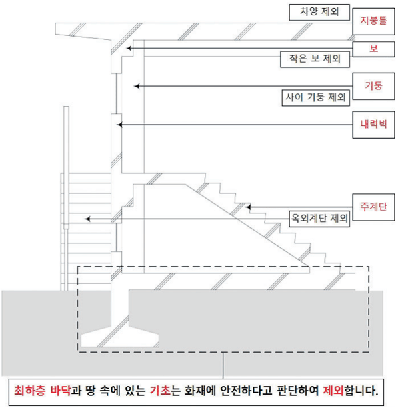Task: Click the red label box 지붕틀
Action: pos(373,20)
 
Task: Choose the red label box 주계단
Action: pos(373,207)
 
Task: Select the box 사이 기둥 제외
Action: pos(315,97)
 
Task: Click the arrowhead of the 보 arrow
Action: pos(129,48)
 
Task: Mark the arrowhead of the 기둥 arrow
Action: pos(137,85)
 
